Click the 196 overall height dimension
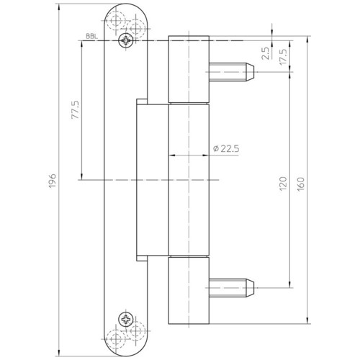pos(52,181)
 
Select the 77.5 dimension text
pos(75,110)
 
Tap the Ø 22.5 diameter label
pos(226,149)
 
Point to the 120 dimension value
pos(283,184)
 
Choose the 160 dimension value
pos(301,184)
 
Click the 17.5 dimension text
pos(283,56)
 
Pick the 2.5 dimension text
pos(266,53)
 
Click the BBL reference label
pos(92,37)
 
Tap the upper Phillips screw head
pos(126,41)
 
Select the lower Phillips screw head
pos(126,319)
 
